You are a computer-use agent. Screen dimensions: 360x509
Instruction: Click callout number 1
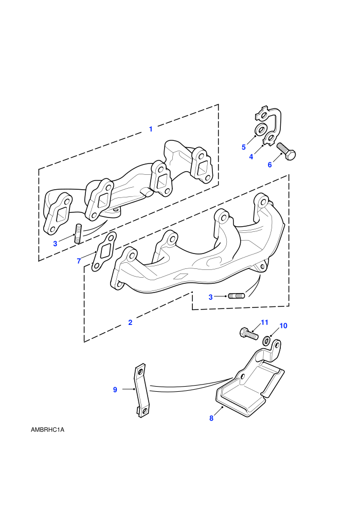point(151,129)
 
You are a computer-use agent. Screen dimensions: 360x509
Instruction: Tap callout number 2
point(130,323)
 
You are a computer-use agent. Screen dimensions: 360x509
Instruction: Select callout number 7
point(79,261)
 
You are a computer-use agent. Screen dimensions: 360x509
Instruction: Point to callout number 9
point(115,390)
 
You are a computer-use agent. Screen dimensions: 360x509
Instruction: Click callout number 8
point(211,418)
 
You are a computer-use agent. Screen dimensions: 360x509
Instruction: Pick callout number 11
point(264,322)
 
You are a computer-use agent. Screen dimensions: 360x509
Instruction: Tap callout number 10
point(283,325)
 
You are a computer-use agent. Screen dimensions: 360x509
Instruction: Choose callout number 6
point(270,165)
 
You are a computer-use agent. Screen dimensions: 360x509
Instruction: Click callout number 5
point(244,148)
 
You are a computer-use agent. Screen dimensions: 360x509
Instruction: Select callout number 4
point(251,157)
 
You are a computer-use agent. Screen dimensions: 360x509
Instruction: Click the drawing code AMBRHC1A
point(48,430)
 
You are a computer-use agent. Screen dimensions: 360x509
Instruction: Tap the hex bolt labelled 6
point(286,151)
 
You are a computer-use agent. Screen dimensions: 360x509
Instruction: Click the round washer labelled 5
point(261,130)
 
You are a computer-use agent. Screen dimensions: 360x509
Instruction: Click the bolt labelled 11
point(249,333)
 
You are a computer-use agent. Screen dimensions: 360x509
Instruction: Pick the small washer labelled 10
point(267,340)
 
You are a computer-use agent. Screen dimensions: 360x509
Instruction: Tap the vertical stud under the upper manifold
point(78,233)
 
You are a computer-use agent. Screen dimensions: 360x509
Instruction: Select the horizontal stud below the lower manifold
point(237,296)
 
